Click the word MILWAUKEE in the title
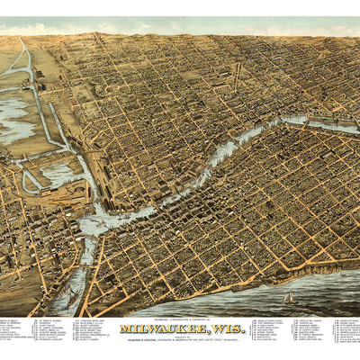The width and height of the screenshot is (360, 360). (171, 329)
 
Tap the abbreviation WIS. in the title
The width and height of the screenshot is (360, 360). (229, 329)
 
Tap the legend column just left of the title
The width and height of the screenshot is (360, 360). (99, 333)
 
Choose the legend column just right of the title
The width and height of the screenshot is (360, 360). (270, 333)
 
